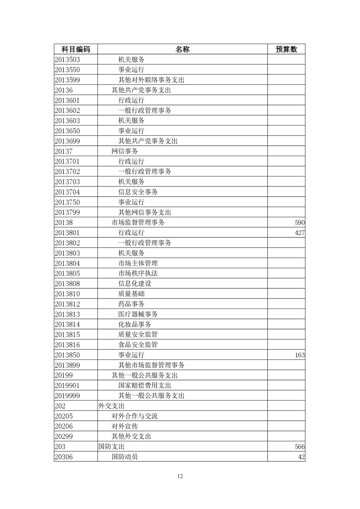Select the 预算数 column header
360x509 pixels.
click(286, 49)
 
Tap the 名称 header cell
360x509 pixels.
click(182, 49)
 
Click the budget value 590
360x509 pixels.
click(299, 223)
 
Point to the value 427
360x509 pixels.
click(299, 233)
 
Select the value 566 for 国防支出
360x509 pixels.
click(299, 447)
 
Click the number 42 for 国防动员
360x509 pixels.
click(301, 457)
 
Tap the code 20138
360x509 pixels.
click(64, 223)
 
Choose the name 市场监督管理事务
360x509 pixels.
click(138, 223)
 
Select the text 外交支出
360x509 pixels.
click(111, 406)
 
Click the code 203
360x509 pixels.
click(60, 447)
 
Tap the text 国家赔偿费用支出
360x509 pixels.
click(145, 386)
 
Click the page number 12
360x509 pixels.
click(180, 476)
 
